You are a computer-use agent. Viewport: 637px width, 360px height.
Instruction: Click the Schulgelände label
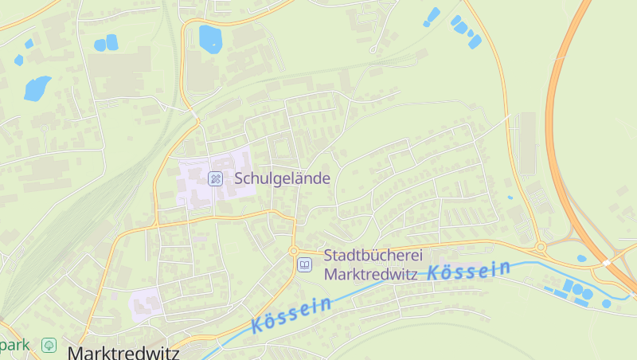coord(282,178)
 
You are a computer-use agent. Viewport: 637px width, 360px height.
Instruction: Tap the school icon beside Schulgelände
coord(215,178)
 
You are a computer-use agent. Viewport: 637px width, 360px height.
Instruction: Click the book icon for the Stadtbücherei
coord(304,264)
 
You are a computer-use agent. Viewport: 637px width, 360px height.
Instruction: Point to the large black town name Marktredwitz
coord(123,352)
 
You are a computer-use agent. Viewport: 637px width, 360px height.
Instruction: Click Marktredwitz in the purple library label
coord(371,274)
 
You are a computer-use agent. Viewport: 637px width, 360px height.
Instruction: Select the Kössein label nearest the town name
coord(291,315)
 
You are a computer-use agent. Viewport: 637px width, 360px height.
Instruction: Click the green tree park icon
coord(49,345)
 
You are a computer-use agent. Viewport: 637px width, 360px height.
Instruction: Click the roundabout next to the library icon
coord(294,251)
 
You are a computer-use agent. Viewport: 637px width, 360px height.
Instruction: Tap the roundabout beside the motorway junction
coord(541,247)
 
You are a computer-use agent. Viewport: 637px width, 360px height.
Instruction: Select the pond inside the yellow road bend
coord(210,38)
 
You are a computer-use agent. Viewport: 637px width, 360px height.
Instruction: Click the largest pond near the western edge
coord(37,88)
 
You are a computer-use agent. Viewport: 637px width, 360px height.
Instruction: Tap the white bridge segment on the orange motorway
coord(607,261)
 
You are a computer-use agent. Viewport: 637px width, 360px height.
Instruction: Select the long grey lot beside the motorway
coord(528,143)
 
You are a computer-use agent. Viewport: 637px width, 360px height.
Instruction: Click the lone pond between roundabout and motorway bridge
coord(581,258)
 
